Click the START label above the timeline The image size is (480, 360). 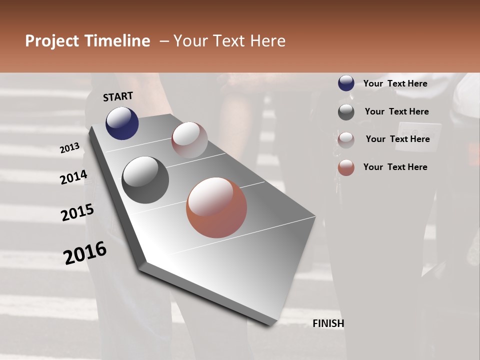(x=118, y=96)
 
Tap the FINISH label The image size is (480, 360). (x=328, y=323)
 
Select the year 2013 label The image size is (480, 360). (x=70, y=148)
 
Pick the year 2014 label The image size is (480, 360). (x=74, y=177)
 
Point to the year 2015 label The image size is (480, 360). (x=77, y=212)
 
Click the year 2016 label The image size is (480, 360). (x=85, y=252)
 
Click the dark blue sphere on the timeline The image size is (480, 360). (x=122, y=123)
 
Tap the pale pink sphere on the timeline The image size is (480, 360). (x=189, y=140)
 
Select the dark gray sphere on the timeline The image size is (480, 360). (x=145, y=180)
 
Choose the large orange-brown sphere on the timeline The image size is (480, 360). (x=216, y=207)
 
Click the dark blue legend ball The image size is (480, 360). (x=346, y=83)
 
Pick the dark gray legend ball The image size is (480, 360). (x=346, y=112)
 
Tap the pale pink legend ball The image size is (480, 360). (x=346, y=140)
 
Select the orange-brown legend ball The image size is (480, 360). (x=346, y=168)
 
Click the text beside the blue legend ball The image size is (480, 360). (x=395, y=83)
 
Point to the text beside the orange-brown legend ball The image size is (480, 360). (x=395, y=167)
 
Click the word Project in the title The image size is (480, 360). (x=52, y=41)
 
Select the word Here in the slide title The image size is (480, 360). (x=267, y=41)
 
